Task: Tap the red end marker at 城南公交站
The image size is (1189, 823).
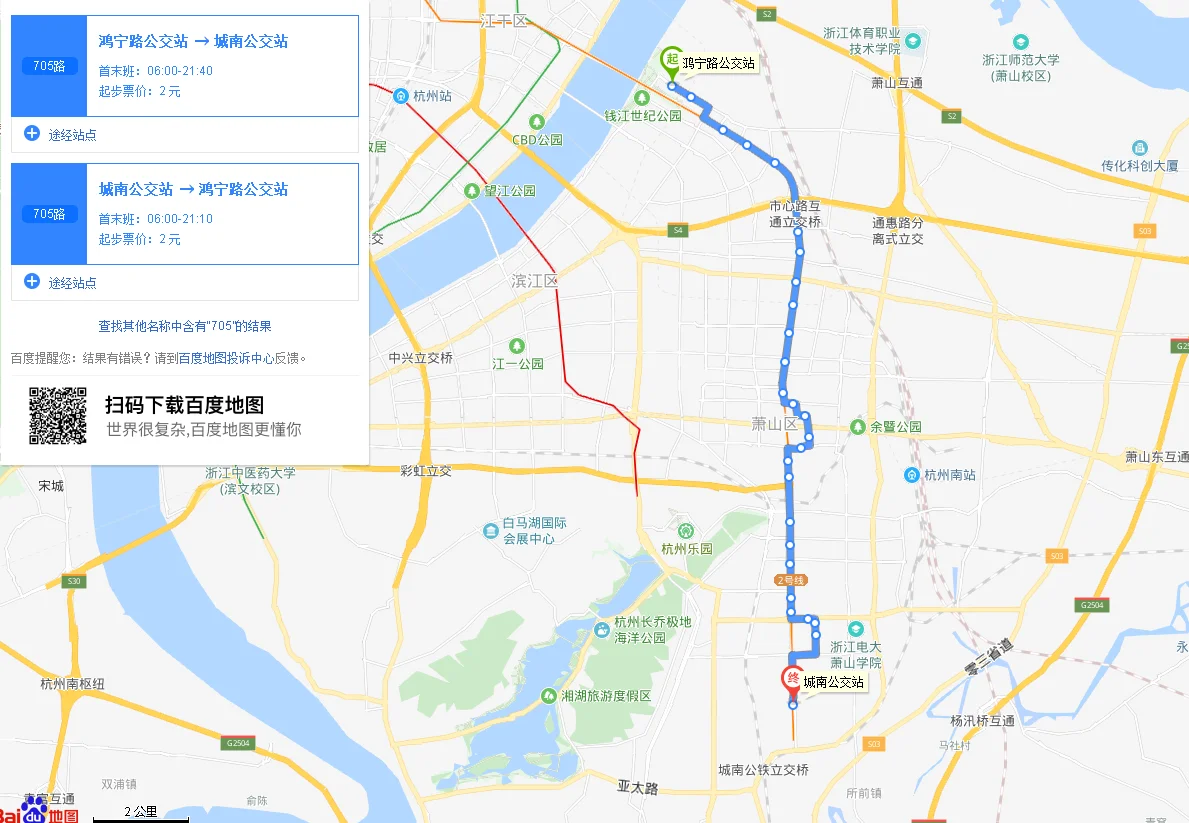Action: click(793, 678)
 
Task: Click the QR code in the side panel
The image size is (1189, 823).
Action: click(58, 415)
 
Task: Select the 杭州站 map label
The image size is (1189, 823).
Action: click(432, 96)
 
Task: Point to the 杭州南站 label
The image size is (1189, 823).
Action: click(949, 475)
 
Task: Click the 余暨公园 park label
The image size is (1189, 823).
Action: click(895, 427)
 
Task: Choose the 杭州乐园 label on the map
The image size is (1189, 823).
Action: click(687, 548)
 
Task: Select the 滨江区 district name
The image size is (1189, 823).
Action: click(534, 281)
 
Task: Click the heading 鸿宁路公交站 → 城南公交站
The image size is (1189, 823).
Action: click(193, 42)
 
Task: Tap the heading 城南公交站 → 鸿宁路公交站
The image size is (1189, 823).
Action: click(193, 189)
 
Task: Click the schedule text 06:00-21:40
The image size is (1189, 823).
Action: click(180, 71)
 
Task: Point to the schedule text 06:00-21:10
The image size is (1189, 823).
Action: click(180, 219)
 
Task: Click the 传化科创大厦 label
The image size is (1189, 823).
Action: click(1139, 165)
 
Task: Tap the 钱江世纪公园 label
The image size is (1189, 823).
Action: click(642, 115)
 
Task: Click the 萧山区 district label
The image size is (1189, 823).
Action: click(775, 423)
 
